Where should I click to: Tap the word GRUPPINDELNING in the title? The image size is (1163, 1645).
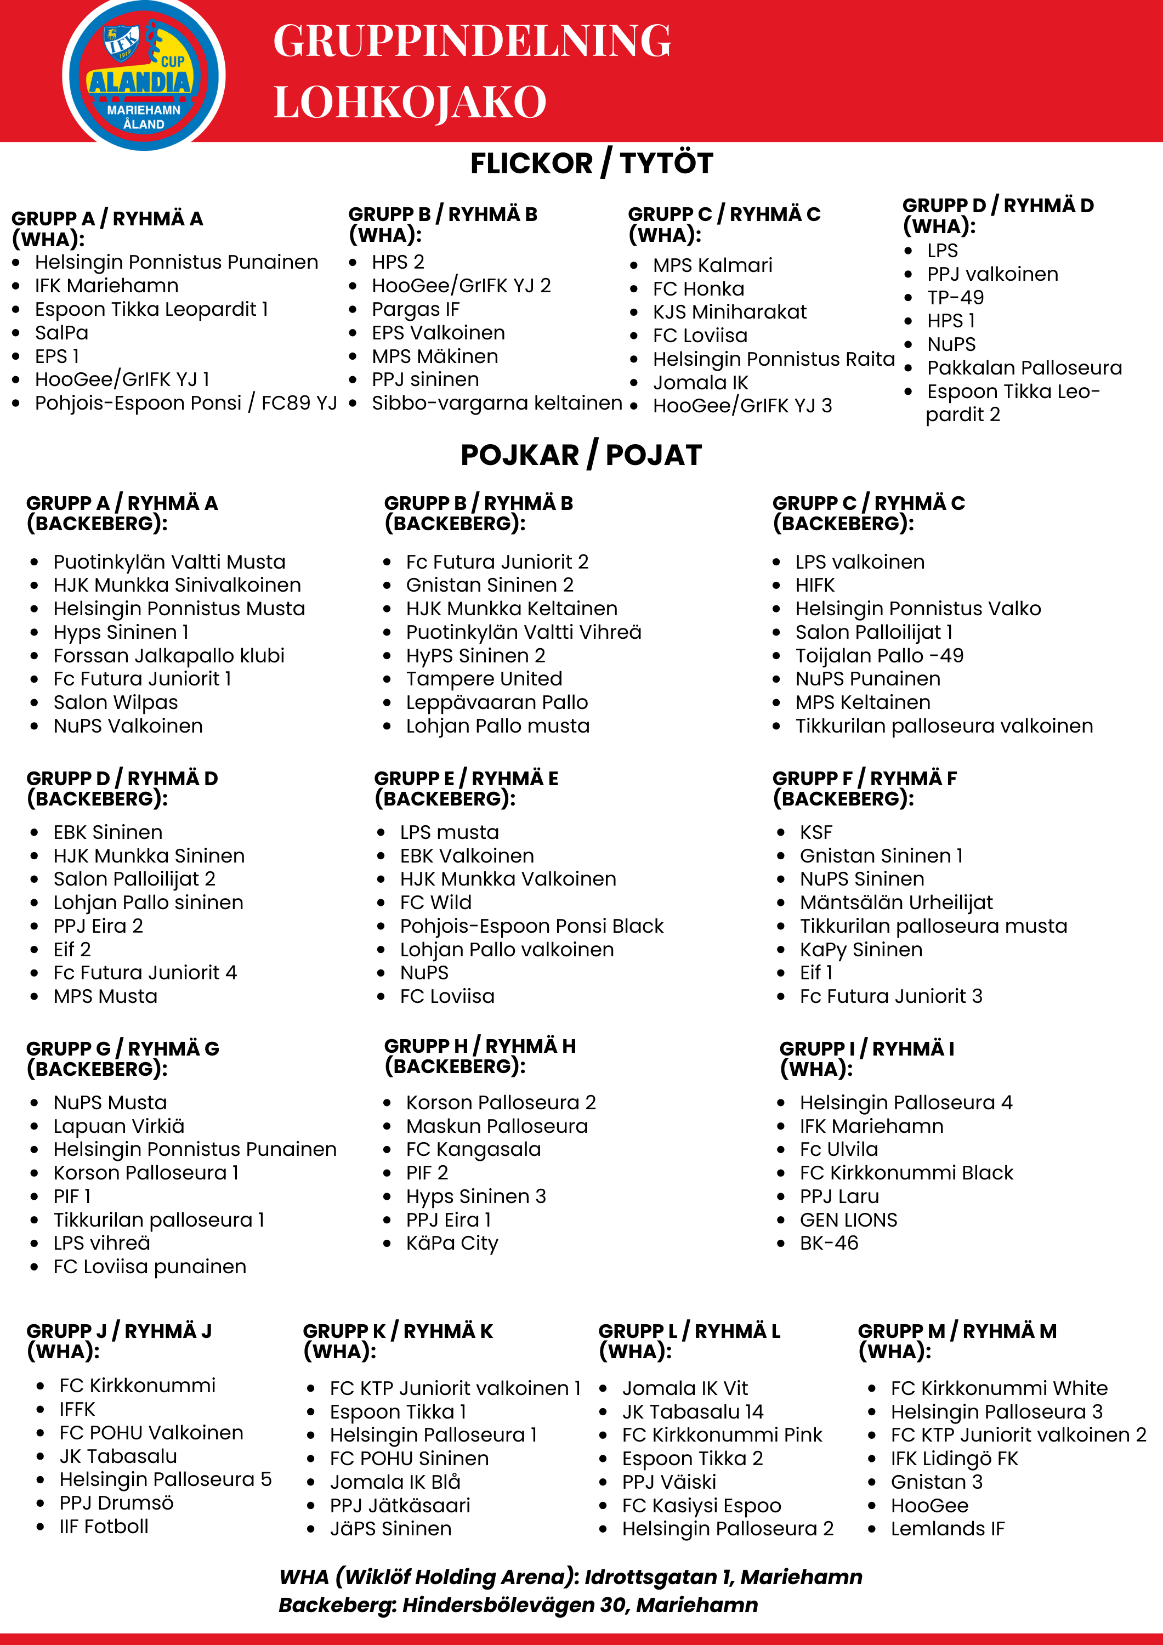point(472,41)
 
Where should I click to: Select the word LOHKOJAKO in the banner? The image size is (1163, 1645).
point(410,103)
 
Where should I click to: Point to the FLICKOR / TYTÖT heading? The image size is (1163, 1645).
point(591,163)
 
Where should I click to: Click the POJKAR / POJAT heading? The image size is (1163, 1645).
point(581,455)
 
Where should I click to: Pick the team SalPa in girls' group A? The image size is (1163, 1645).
point(61,332)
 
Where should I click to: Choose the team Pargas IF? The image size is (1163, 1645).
point(416,309)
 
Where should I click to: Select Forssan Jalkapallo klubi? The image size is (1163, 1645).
point(169,656)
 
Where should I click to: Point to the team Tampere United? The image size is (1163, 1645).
point(484,678)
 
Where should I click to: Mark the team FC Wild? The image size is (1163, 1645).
point(436,903)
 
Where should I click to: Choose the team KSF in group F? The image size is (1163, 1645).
point(816,832)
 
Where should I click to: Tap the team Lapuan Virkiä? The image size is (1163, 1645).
point(119,1126)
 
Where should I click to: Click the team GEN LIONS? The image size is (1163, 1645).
point(848,1220)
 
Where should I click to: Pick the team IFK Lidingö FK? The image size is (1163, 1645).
point(954,1459)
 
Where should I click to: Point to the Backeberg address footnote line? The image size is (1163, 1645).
point(518,1605)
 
